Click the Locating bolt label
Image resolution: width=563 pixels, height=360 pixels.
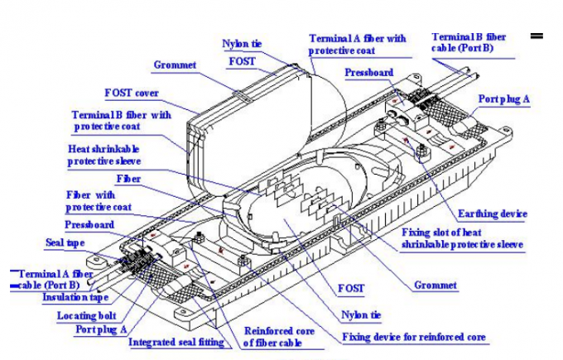(x=86, y=315)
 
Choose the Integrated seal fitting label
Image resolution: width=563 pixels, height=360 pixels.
(x=178, y=342)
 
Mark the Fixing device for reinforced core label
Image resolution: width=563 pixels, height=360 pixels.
(x=415, y=338)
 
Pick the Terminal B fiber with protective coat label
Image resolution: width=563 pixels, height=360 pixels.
(x=120, y=120)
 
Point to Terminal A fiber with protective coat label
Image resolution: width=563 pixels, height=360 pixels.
(x=357, y=45)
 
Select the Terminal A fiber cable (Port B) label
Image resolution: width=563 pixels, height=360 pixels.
(x=53, y=277)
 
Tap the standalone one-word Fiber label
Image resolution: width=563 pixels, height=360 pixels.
(x=128, y=179)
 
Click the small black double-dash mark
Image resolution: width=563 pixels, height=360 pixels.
(x=536, y=36)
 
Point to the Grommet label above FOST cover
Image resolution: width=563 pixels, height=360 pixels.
(x=175, y=64)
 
